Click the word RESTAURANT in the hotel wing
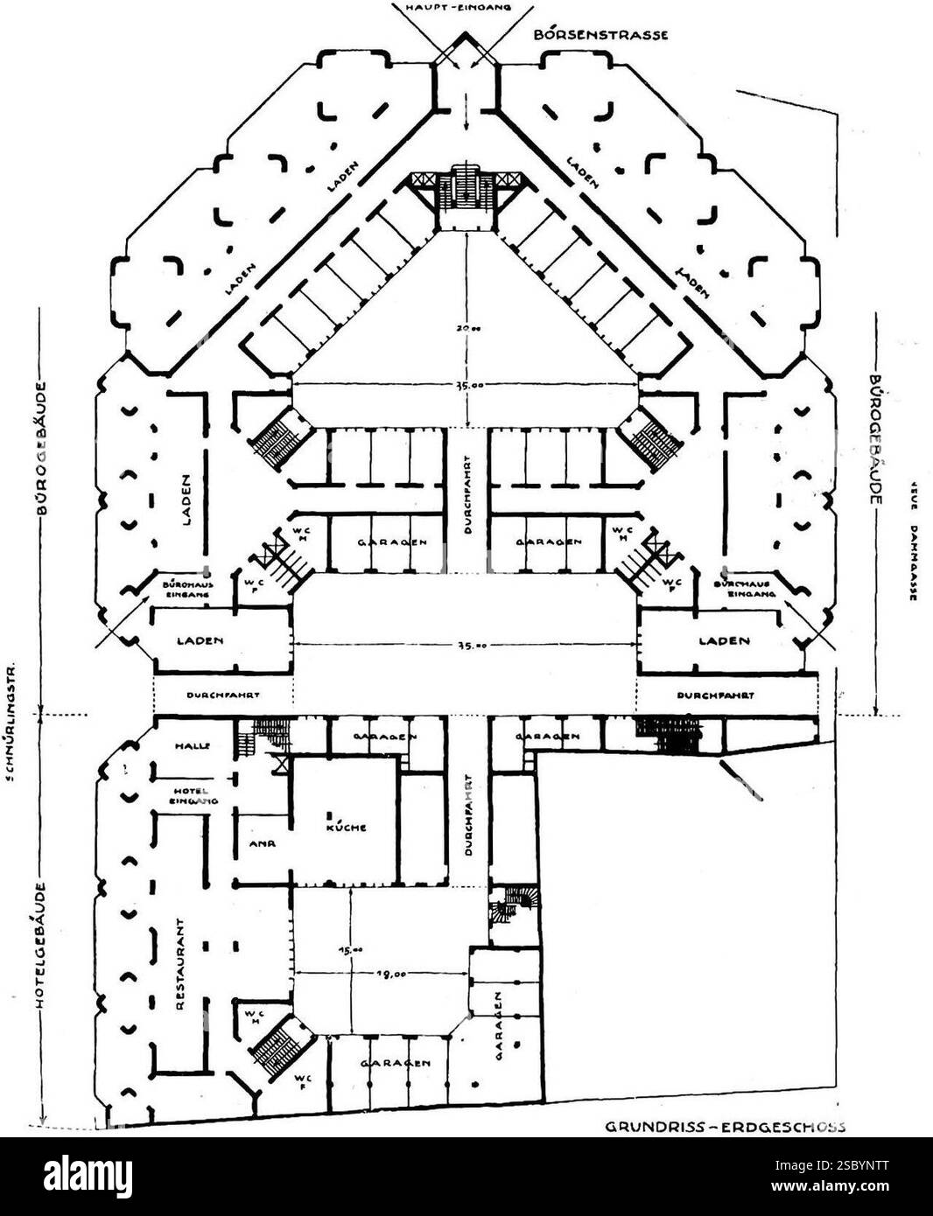pyautogui.click(x=179, y=965)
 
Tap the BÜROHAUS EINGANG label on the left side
pyautogui.click(x=185, y=586)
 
